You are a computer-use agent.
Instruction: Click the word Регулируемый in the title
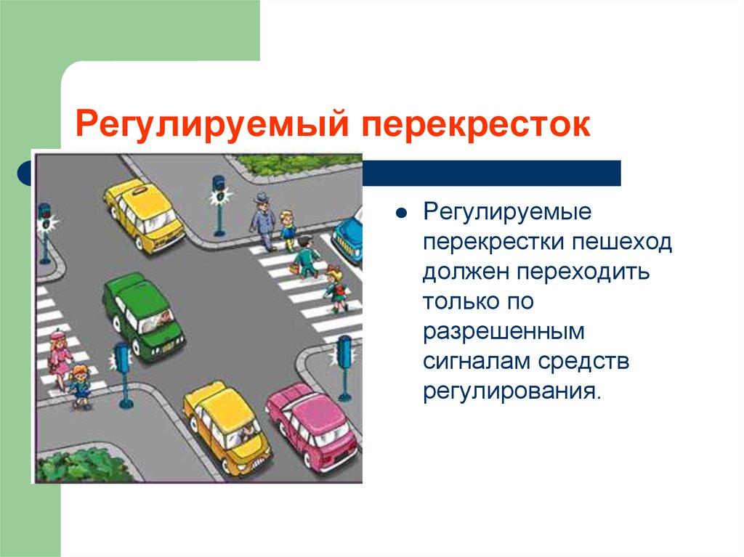[213, 124]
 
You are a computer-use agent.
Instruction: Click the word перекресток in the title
[477, 125]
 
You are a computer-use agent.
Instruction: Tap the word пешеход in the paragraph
[622, 242]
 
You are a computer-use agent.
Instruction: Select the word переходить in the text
[583, 272]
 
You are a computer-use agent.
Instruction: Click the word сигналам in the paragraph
[477, 362]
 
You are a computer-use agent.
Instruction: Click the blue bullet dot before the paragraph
[401, 213]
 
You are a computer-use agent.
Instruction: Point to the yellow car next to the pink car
[227, 430]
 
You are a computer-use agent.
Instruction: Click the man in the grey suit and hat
[262, 221]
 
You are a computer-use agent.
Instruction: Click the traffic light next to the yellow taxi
[219, 206]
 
